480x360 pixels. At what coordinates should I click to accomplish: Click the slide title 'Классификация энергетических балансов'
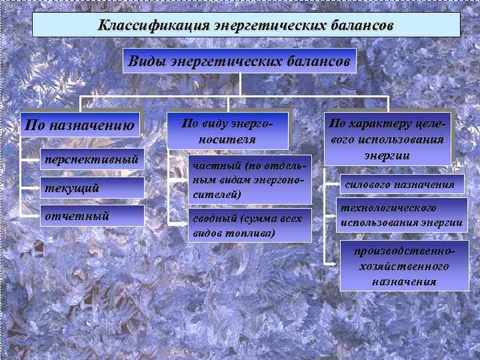246,25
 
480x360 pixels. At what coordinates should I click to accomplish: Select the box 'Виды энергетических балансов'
240,61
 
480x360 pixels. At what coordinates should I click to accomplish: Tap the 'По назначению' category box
81,123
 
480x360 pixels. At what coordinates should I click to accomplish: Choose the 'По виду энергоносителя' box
227,131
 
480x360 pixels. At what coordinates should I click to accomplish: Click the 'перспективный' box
91,159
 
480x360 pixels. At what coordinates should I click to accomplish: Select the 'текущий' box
91,188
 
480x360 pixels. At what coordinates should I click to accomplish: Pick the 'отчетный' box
91,215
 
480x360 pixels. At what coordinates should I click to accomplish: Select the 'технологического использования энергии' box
401,215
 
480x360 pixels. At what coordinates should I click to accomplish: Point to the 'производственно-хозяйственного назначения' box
404,266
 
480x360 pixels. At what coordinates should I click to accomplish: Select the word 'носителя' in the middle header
227,139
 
